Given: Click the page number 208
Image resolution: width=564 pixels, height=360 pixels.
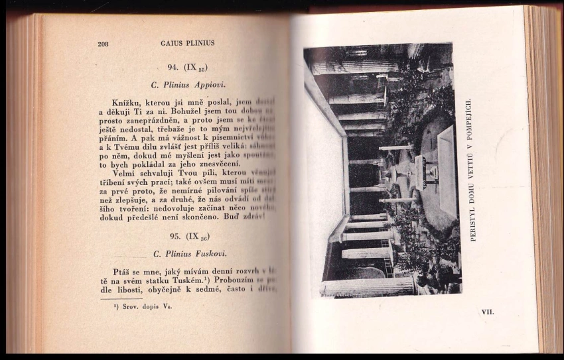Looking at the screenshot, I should (103, 44).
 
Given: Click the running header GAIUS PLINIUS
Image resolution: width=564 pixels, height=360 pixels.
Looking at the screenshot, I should (187, 44).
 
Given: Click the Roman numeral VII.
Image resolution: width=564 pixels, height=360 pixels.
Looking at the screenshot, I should (488, 310).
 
